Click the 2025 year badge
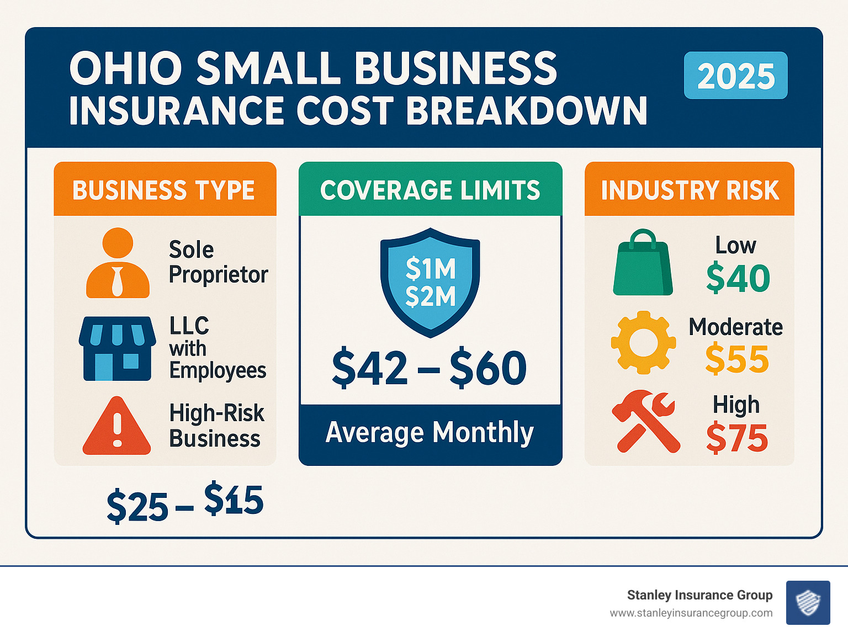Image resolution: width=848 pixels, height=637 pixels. tap(735, 76)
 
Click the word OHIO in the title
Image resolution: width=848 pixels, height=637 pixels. tap(126, 68)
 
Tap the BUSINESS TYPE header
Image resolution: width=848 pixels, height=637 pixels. tap(164, 190)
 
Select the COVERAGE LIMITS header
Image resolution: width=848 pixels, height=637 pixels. tap(430, 190)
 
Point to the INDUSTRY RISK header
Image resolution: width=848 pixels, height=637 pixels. tap(690, 190)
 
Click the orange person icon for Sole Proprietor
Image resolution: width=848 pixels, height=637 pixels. tap(118, 263)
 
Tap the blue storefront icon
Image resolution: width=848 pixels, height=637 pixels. tap(117, 348)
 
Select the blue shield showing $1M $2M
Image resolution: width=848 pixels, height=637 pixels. tap(430, 282)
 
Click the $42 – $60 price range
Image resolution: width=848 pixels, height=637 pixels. tap(430, 368)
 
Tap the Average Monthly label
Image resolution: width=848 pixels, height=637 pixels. tap(430, 432)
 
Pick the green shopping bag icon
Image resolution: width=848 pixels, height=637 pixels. tap(643, 263)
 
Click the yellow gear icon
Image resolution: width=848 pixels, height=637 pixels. tap(643, 342)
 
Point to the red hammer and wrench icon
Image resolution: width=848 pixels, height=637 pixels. tap(645, 421)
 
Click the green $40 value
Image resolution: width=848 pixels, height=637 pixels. tap(738, 278)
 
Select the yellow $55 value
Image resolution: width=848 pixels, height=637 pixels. tap(737, 359)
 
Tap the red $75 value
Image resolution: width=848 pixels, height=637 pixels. tap(737, 438)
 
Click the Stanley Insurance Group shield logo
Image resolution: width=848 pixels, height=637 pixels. tap(808, 602)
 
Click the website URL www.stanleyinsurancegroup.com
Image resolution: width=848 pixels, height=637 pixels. tap(691, 613)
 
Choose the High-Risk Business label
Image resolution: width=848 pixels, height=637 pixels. tap(216, 426)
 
